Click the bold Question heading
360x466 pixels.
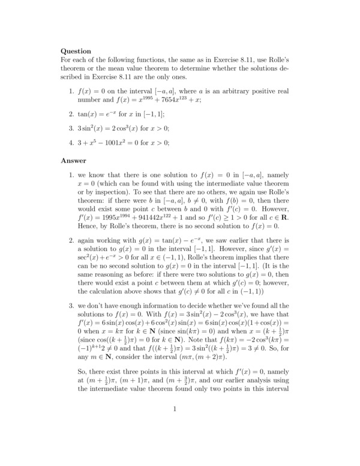click(76, 51)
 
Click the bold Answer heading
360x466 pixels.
click(74, 160)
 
